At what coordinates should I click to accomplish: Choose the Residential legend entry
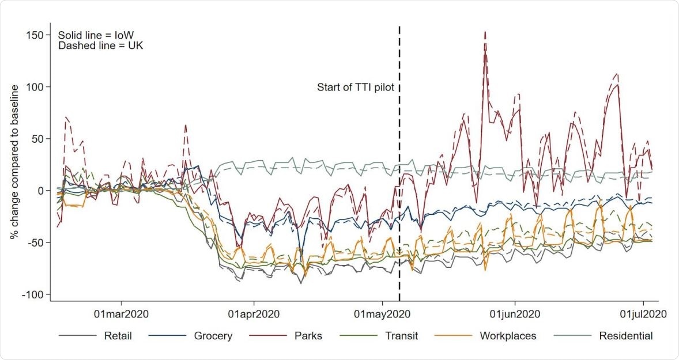[625, 336]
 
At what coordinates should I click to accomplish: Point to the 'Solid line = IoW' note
[96, 35]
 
